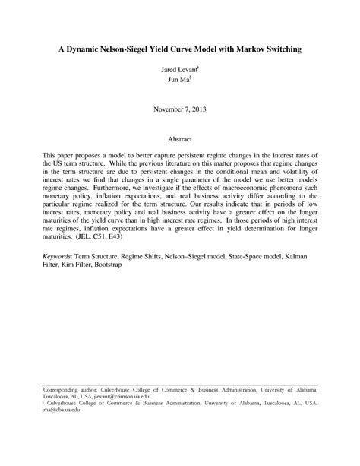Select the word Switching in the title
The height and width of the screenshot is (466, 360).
coord(271,49)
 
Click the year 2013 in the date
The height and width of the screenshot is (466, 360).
coord(195,108)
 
